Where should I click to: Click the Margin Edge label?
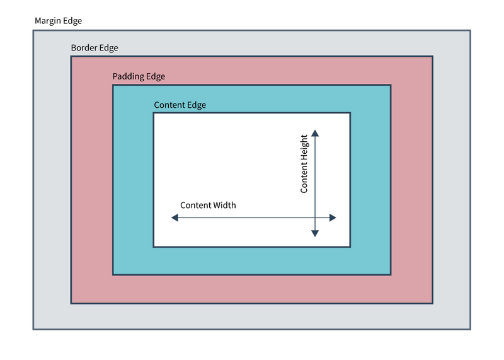[58, 21]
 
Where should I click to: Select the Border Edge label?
[94, 48]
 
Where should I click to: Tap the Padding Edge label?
[139, 76]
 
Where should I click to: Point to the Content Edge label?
[180, 105]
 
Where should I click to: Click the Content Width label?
[208, 205]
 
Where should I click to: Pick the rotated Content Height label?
[304, 164]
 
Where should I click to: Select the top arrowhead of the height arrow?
[315, 133]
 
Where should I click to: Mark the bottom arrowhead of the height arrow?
[315, 233]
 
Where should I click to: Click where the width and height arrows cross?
[315, 218]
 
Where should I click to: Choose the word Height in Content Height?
[304, 149]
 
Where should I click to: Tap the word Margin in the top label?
[48, 21]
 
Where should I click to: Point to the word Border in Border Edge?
[84, 48]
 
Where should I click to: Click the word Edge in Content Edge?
[196, 105]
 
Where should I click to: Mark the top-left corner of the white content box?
[154, 113]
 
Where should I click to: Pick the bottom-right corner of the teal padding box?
[391, 274]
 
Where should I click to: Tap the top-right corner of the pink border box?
[432, 57]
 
